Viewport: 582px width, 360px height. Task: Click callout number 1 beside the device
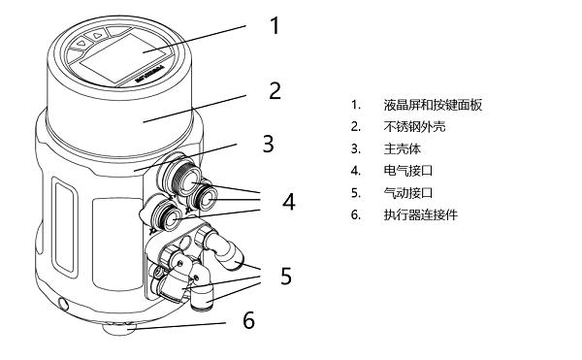(275, 25)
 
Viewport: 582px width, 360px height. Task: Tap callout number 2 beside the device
(275, 91)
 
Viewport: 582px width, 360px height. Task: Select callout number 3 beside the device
(268, 144)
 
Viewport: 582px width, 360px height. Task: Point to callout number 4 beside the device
(289, 202)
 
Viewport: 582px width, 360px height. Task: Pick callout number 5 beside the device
(286, 276)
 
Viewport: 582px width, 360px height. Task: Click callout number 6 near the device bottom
(248, 320)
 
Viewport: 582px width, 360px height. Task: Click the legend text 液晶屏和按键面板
(433, 105)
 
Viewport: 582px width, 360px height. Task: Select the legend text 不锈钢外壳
(414, 127)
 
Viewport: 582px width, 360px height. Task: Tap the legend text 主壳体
(402, 148)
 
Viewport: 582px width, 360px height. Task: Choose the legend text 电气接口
(408, 171)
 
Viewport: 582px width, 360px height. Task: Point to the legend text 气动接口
(408, 193)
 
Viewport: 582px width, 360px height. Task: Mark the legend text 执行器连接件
(421, 214)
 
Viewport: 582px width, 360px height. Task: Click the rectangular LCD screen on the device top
(123, 58)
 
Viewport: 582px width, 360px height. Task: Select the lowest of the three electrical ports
(166, 218)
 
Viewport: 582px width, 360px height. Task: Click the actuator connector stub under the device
(119, 328)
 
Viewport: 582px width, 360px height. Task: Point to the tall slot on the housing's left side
(65, 227)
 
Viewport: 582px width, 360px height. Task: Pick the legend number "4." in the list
(356, 171)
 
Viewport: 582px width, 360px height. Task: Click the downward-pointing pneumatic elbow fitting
(204, 291)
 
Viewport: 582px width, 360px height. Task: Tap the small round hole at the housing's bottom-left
(63, 305)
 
